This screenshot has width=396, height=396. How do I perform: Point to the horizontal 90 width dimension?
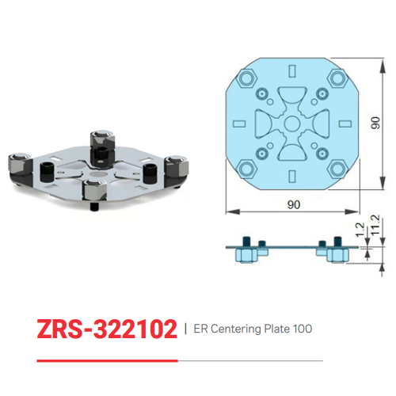pos(293,204)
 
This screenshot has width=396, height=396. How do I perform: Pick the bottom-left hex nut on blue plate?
pos(246,170)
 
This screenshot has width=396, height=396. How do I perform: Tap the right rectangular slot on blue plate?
pos(343,124)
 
